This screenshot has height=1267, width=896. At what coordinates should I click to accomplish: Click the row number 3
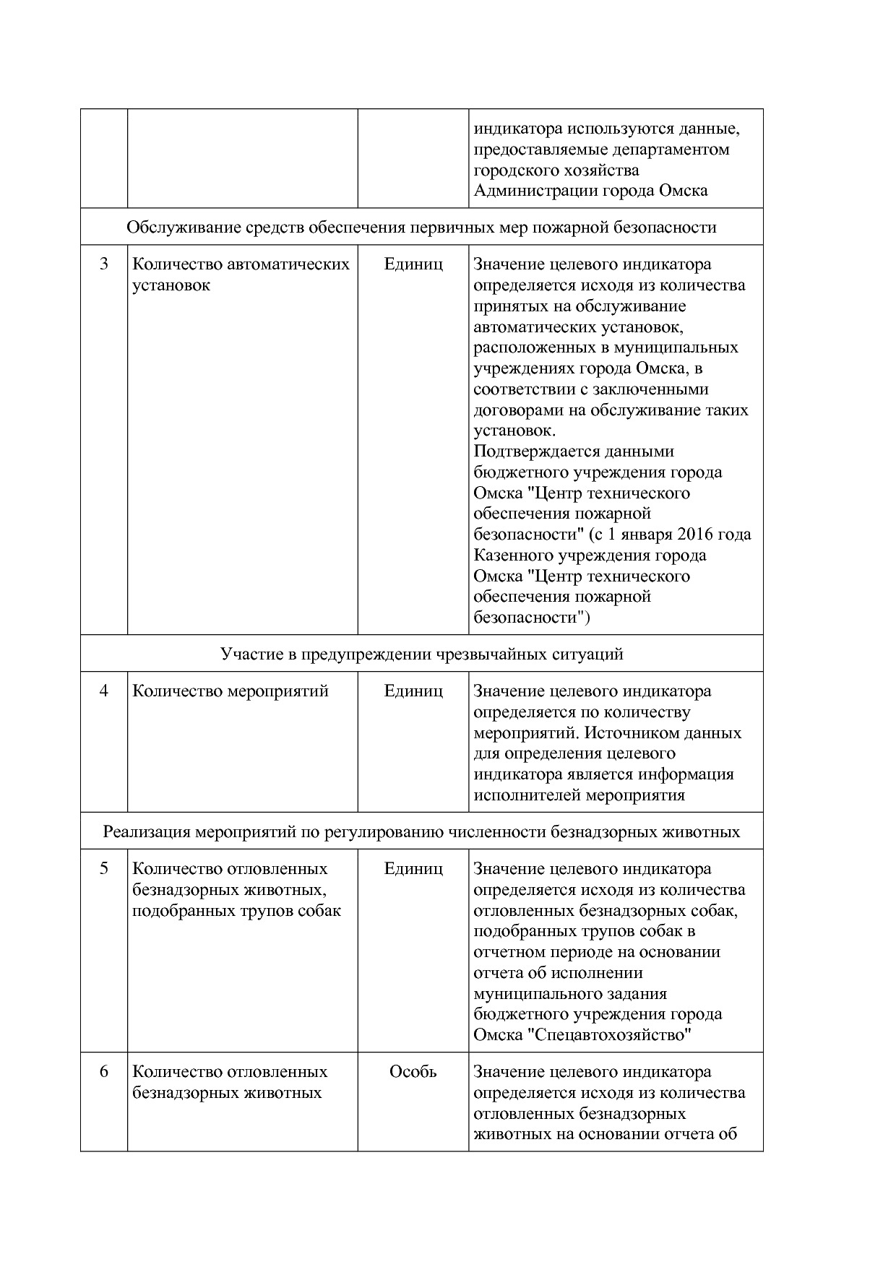click(103, 264)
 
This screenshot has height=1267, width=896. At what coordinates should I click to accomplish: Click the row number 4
click(103, 691)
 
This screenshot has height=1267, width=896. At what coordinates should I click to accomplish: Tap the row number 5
click(103, 869)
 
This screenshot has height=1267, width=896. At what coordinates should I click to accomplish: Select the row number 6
click(103, 1072)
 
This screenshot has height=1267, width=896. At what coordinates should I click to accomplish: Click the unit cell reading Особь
click(413, 1072)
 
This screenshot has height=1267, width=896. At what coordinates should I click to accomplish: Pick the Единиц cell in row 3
click(413, 264)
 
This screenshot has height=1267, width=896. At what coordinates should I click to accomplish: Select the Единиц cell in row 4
click(413, 691)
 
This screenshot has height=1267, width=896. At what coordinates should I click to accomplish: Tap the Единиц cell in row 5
click(413, 869)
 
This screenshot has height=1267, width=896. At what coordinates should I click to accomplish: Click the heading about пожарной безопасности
click(421, 228)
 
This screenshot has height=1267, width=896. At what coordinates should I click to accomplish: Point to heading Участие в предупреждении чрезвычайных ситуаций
click(421, 654)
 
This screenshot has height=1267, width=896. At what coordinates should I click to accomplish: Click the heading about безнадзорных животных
click(421, 832)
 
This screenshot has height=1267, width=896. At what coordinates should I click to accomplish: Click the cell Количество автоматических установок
click(241, 274)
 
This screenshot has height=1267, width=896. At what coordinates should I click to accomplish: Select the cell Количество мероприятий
click(230, 691)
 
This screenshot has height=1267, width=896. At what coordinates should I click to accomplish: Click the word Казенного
click(514, 555)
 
